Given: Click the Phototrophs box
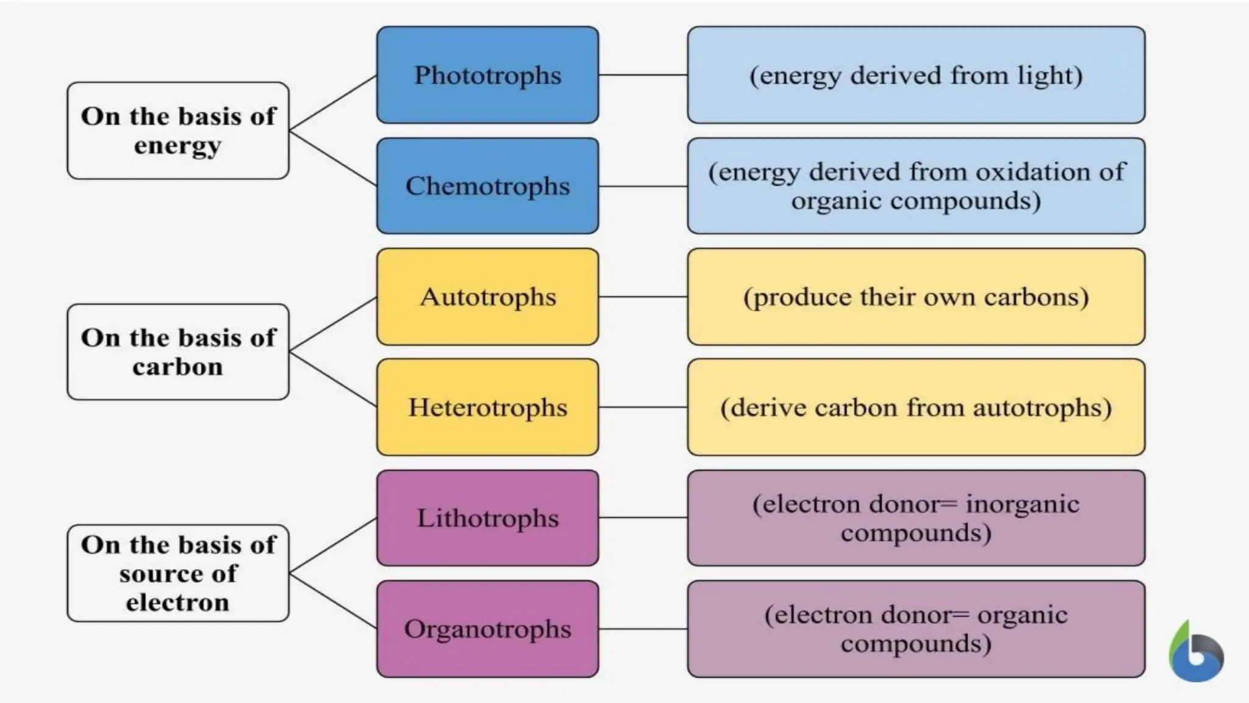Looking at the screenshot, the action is click(x=487, y=75).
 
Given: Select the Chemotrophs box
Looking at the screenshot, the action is click(x=487, y=186).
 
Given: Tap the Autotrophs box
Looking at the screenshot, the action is click(x=487, y=297).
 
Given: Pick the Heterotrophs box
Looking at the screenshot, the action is click(x=487, y=407).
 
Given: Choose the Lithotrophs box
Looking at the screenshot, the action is click(x=487, y=517).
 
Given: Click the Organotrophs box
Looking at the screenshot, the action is click(x=487, y=629).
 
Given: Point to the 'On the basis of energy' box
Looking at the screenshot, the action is click(x=177, y=131).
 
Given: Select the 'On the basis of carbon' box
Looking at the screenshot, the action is click(x=177, y=352).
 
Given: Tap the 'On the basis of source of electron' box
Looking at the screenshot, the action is click(x=177, y=573).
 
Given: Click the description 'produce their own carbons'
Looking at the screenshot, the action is click(x=915, y=297).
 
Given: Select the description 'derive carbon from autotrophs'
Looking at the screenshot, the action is click(x=915, y=408).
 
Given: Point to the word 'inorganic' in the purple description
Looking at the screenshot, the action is click(x=1022, y=504).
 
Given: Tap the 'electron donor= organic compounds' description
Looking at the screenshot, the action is click(x=915, y=629).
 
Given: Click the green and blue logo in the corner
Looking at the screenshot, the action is click(x=1196, y=653).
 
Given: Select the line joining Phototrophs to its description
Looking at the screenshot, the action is click(x=643, y=75).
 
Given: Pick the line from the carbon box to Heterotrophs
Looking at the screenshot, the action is click(x=333, y=380).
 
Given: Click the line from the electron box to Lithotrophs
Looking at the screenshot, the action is click(x=333, y=546).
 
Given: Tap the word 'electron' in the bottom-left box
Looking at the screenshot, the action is click(x=177, y=602).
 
